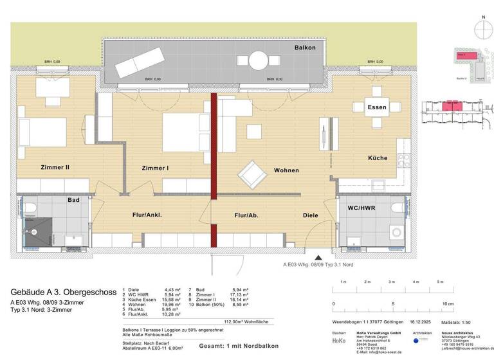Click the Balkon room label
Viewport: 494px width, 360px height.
click(x=305, y=48)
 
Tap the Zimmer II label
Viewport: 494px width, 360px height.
click(x=55, y=167)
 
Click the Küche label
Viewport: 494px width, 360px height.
click(x=378, y=157)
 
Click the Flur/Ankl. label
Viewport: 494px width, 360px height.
click(x=146, y=215)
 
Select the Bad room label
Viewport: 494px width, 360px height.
click(x=74, y=200)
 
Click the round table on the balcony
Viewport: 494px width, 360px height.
click(x=259, y=60)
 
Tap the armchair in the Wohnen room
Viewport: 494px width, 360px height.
click(x=250, y=173)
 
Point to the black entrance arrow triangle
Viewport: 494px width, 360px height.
click(x=310, y=255)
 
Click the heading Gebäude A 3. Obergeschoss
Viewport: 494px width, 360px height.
click(x=64, y=292)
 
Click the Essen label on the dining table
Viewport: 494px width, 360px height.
click(x=377, y=107)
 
